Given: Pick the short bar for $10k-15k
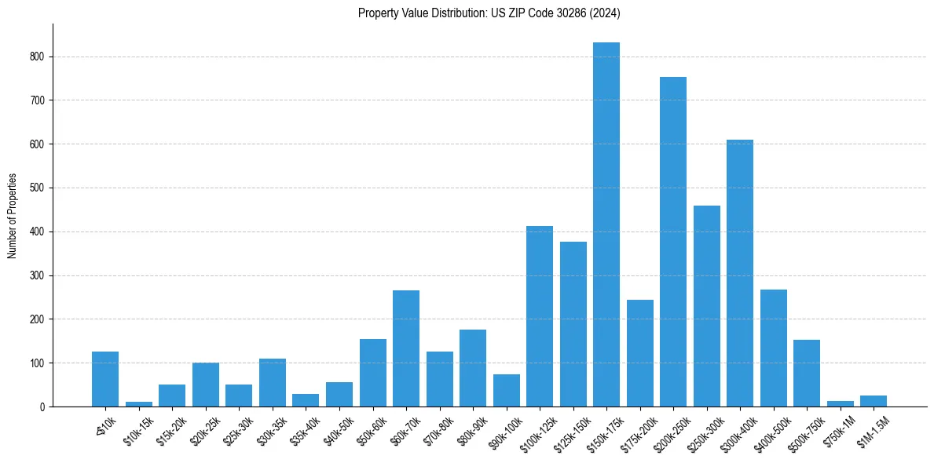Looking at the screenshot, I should coord(139,404).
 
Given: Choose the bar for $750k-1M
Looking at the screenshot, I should coord(841,404).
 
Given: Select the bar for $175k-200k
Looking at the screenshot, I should coord(640,353).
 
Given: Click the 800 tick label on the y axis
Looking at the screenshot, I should coord(38,57).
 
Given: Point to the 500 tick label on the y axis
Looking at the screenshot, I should coord(38,188).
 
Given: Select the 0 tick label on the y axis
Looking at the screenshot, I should coord(42,407).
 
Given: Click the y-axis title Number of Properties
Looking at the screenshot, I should coord(12,216).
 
